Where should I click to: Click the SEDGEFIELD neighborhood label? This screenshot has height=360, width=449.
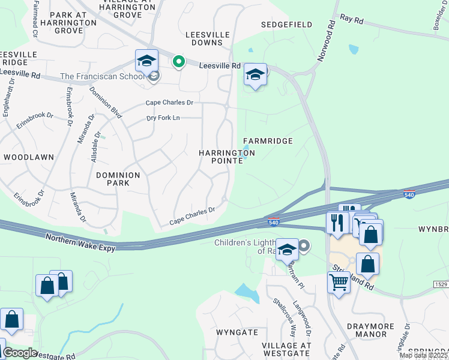286,25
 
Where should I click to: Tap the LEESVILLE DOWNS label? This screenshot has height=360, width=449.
212,38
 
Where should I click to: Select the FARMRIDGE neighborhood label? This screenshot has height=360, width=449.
268,141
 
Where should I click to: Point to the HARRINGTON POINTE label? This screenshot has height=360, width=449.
227,157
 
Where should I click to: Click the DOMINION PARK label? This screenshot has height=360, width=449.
118,179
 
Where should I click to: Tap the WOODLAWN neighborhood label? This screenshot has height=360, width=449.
28,157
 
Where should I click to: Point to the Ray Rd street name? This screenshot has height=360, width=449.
352,20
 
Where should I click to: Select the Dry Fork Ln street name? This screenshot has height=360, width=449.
164,118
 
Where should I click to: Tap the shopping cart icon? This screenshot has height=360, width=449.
339,281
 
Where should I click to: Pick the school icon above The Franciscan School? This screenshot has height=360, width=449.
146,60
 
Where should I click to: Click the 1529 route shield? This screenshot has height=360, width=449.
439,283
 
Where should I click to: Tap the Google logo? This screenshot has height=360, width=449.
20,353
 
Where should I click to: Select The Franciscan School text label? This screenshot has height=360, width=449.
103,76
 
